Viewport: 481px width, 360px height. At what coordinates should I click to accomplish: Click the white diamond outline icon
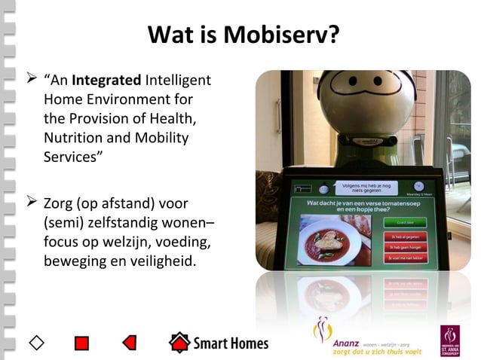[x=36, y=343]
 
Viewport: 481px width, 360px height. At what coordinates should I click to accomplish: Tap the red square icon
[x=82, y=343]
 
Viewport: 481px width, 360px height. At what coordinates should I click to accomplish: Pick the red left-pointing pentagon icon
[x=129, y=343]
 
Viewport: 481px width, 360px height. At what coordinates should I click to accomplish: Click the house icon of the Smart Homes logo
[x=179, y=343]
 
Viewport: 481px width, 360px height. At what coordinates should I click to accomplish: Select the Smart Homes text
[x=230, y=343]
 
